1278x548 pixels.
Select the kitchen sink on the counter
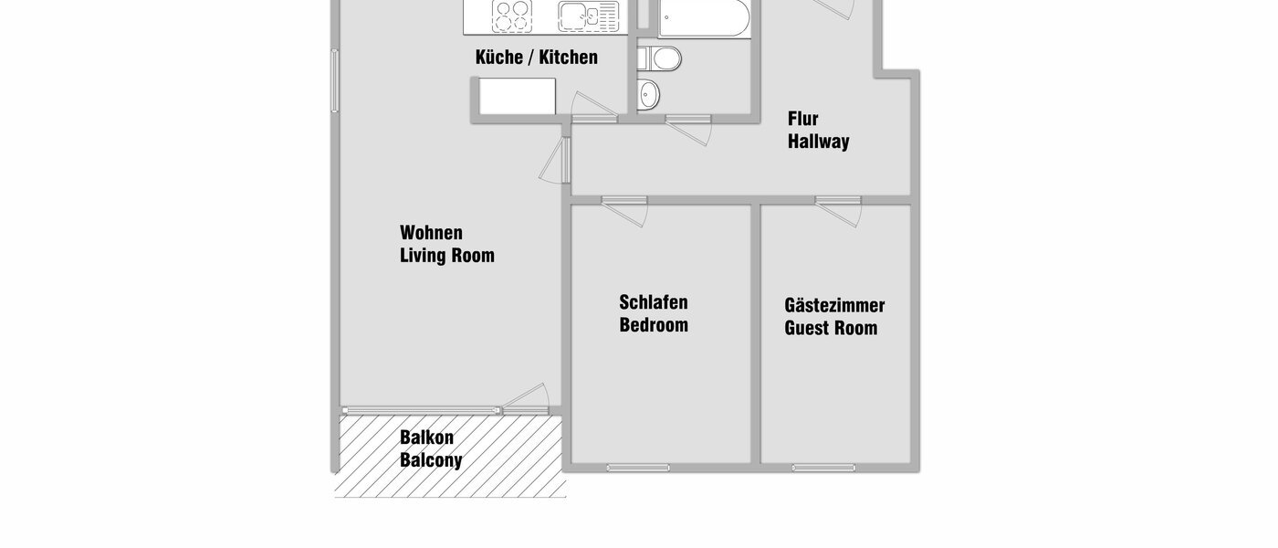click(577, 16)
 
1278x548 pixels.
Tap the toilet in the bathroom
click(661, 59)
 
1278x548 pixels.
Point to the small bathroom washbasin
click(648, 93)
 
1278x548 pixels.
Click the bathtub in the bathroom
click(704, 17)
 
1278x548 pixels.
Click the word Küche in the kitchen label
click(498, 58)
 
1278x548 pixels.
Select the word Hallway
click(819, 142)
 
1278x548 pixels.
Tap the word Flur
click(803, 119)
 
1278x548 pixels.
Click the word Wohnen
click(431, 233)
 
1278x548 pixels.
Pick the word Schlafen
click(654, 302)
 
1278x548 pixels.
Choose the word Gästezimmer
click(834, 306)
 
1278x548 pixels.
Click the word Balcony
click(431, 460)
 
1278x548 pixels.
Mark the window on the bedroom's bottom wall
click(637, 468)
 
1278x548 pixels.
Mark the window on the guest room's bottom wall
click(823, 468)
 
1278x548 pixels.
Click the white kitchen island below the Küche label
click(518, 96)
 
